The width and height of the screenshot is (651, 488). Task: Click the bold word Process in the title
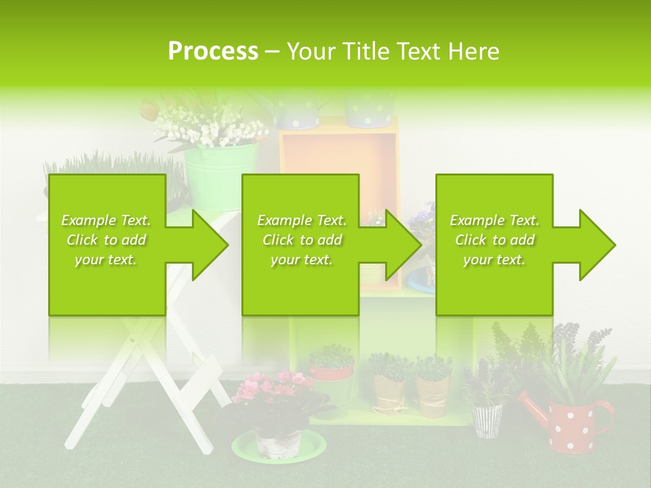213,52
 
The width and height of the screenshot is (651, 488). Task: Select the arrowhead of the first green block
210,245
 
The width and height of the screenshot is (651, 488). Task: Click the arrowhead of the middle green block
403,245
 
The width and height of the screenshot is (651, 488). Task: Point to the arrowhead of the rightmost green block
597,245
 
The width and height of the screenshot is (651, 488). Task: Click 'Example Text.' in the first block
106,220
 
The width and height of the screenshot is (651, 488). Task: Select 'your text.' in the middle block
301,260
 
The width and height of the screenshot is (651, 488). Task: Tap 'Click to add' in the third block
494,240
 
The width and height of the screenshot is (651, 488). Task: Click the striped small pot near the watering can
487,420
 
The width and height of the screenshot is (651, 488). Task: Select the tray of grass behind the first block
108,166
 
